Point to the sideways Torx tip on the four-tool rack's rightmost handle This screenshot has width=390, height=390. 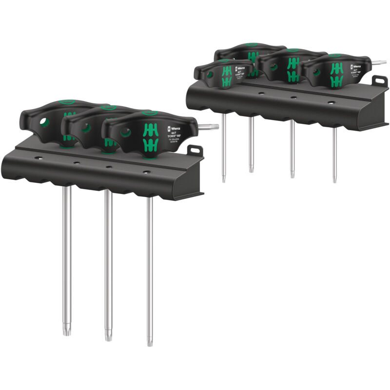[x=381, y=62]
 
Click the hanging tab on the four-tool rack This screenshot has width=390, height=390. [x=378, y=80]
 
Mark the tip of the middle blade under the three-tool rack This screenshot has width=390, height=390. [x=107, y=336]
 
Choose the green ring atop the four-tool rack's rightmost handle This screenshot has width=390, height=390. [x=334, y=56]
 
